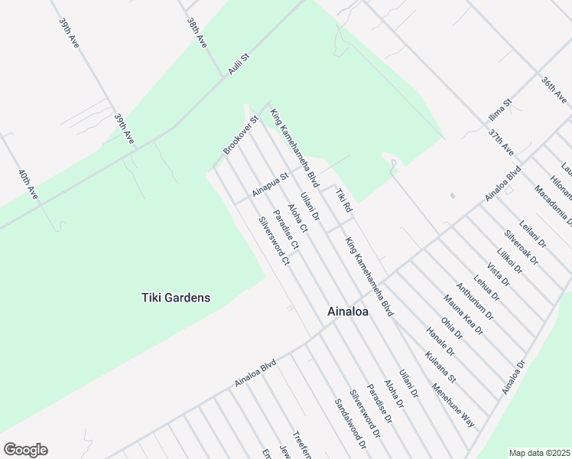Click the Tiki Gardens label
point(176,298)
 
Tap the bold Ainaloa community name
point(349,311)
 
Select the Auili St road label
point(239,63)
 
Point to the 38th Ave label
point(197,34)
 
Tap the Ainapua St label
point(270,184)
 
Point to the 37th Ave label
point(502,142)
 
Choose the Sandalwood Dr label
point(349,423)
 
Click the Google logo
point(25,450)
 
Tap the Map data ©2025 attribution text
point(539,453)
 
